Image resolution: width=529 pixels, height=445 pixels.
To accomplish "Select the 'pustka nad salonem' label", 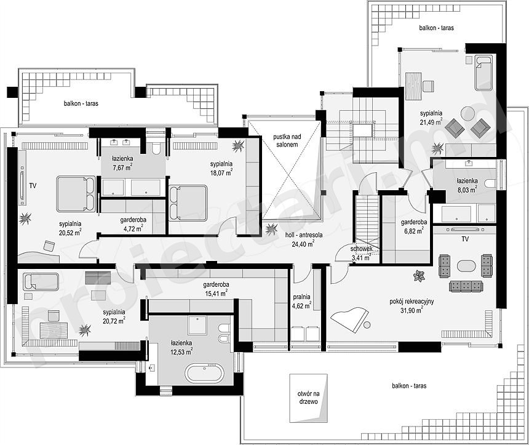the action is point(287,140).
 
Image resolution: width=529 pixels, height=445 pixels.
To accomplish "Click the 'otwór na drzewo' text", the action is point(308,398).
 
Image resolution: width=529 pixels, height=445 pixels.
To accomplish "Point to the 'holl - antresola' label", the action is point(304,235).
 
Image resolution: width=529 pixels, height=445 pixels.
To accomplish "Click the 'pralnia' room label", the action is point(301,297).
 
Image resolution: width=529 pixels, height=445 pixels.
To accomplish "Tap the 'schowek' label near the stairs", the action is point(361,249).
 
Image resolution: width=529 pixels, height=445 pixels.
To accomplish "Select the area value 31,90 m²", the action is point(412,310).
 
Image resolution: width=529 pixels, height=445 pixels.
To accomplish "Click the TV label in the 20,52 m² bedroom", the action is point(33,185).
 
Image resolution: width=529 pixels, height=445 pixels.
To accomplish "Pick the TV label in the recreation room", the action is point(465,239).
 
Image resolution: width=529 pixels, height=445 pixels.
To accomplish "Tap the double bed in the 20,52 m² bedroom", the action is point(76,194).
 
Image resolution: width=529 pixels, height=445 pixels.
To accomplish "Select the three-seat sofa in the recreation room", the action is point(466,286).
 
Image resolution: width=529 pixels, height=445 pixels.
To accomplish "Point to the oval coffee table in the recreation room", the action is point(466,266).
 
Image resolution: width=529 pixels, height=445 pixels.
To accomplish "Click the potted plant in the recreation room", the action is point(419,276).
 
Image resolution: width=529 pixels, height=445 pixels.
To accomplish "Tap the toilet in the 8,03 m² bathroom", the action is point(490,183).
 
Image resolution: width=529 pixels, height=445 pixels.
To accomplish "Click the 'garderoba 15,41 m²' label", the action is point(217,289).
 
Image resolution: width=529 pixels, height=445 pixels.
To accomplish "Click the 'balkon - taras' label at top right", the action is point(437,28).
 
